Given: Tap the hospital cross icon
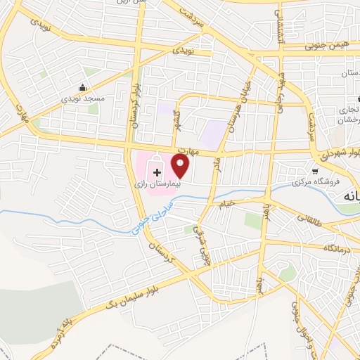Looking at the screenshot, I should (156, 172).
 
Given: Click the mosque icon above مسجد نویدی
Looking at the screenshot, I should (83, 88).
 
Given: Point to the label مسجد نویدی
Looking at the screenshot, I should (84, 99).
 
